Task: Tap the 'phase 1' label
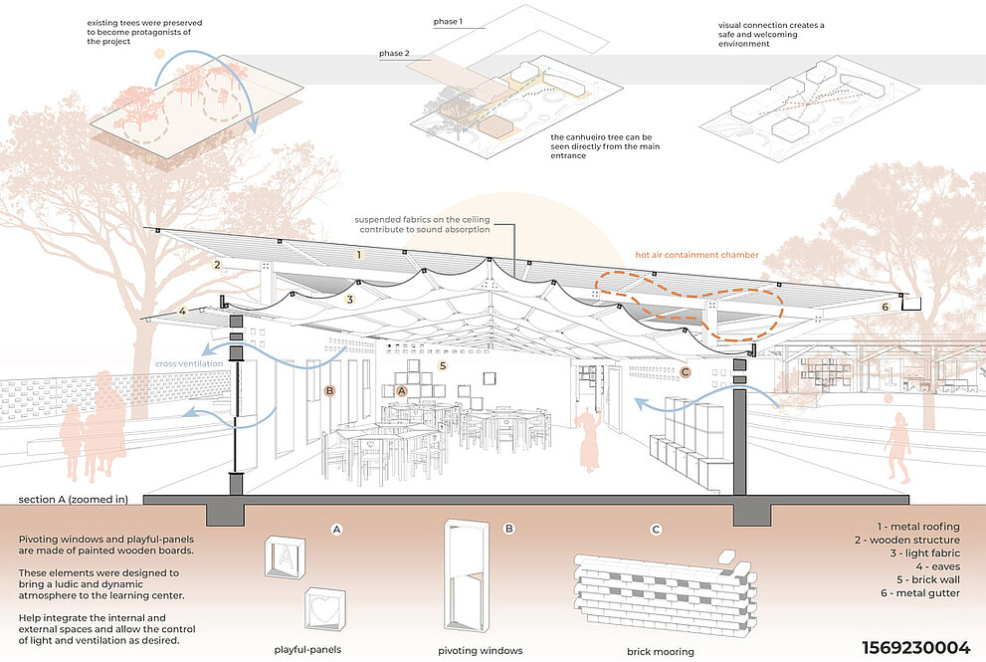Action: (449, 21)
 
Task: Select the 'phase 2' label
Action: (394, 54)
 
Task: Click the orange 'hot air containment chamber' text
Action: (697, 255)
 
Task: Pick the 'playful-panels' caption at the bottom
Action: (308, 651)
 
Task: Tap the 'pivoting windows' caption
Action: (481, 651)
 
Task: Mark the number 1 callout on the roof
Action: (359, 255)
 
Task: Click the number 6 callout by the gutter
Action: (886, 308)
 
